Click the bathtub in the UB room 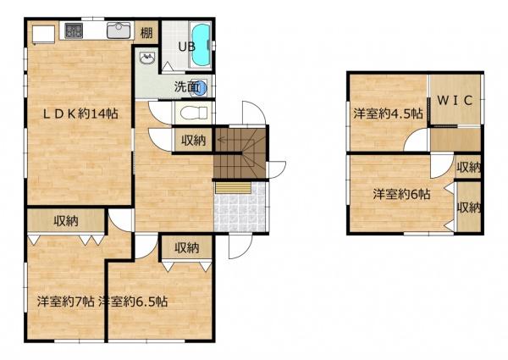click(x=201, y=45)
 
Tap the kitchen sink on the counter click(x=119, y=30)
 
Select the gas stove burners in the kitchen click(x=74, y=30)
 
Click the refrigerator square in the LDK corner click(x=43, y=34)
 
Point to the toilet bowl click(x=194, y=114)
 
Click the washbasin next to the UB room click(x=147, y=58)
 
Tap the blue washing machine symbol click(x=200, y=87)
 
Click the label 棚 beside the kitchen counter click(x=146, y=33)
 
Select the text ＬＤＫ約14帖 click(x=80, y=114)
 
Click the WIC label click(x=455, y=101)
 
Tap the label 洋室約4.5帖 click(x=388, y=114)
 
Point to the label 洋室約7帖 click(x=66, y=302)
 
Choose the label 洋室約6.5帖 click(x=133, y=302)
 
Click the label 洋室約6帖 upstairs click(x=401, y=195)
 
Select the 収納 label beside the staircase click(x=193, y=141)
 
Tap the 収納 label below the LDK click(x=66, y=221)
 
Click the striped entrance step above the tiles click(x=234, y=188)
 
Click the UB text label click(x=187, y=47)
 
